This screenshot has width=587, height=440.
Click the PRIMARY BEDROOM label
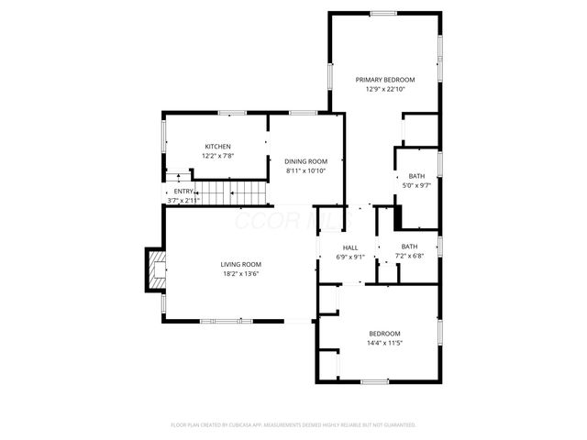click(385, 80)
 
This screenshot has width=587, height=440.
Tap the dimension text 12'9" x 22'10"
click(385, 89)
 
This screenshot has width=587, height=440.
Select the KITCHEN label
click(217, 147)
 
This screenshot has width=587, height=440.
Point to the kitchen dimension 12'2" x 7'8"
click(217, 156)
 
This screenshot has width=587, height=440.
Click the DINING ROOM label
click(305, 161)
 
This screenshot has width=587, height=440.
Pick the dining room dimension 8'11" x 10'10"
click(305, 170)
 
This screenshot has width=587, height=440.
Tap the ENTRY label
click(183, 192)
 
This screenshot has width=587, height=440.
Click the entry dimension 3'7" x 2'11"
click(183, 200)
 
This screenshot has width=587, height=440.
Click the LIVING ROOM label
click(240, 264)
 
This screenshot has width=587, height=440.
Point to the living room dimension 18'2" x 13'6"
click(240, 273)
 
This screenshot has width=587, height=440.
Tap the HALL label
click(350, 247)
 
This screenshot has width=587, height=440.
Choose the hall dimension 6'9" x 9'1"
click(350, 257)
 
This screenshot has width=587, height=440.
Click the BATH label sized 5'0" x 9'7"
click(416, 176)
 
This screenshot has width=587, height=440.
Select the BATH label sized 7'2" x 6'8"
click(409, 246)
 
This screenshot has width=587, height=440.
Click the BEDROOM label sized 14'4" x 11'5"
click(385, 334)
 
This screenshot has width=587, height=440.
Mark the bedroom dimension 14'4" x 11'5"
click(385, 343)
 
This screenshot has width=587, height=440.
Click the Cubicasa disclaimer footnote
click(293, 424)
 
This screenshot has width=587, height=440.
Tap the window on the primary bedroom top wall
click(383, 13)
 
